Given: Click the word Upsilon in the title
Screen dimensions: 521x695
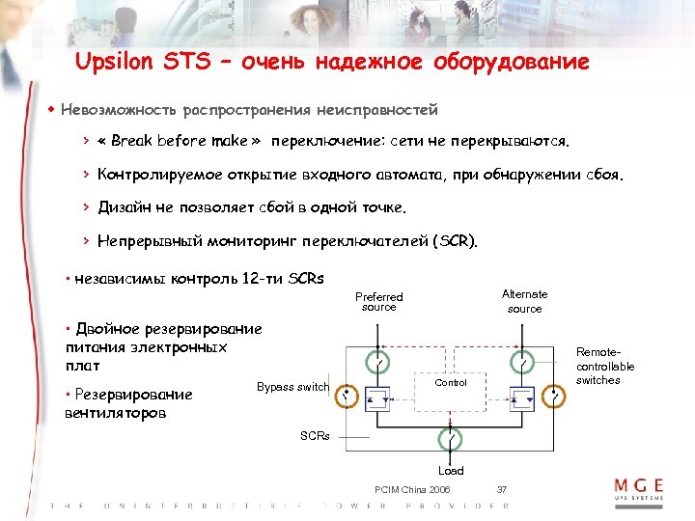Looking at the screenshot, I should [114, 64].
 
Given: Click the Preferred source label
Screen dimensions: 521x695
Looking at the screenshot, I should [379, 302].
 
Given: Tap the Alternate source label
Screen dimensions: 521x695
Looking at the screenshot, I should [525, 301].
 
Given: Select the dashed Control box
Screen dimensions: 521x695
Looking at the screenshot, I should [451, 383].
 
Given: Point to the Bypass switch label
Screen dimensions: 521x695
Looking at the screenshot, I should [292, 387].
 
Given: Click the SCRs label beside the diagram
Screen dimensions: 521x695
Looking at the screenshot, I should [315, 436].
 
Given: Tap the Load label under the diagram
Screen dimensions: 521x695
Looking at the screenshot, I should [451, 471].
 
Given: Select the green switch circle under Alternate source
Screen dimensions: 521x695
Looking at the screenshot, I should [523, 363].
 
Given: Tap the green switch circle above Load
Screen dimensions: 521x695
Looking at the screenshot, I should [451, 438].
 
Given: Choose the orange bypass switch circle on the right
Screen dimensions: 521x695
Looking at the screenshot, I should [556, 396].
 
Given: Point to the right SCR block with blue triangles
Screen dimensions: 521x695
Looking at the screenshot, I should [523, 397].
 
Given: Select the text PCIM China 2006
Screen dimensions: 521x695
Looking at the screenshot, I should [411, 490].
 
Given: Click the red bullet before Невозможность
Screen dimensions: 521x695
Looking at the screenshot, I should [51, 110].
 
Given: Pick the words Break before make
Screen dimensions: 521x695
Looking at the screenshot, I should [180, 141].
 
